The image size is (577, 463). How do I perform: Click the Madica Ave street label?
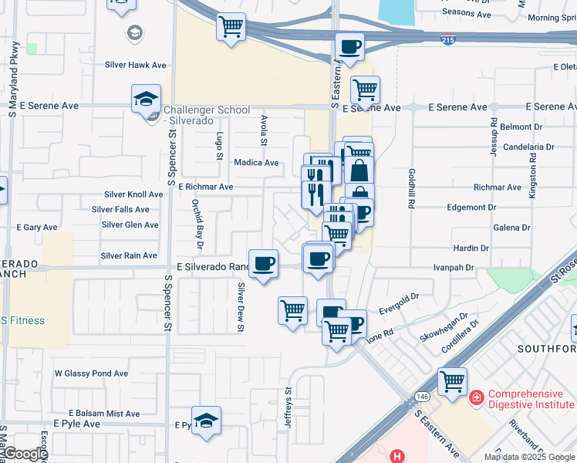[257, 163]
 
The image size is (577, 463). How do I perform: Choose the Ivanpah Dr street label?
[452, 267]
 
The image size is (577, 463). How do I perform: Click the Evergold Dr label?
[398, 297]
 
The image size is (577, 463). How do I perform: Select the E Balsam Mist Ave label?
[104, 414]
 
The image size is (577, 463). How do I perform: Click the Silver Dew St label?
[241, 307]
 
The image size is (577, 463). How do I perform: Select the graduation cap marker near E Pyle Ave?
[206, 421]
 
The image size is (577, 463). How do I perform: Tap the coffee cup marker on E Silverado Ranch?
[263, 265]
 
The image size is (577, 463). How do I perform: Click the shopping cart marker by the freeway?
[231, 28]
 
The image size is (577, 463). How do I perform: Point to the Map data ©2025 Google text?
[529, 457]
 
